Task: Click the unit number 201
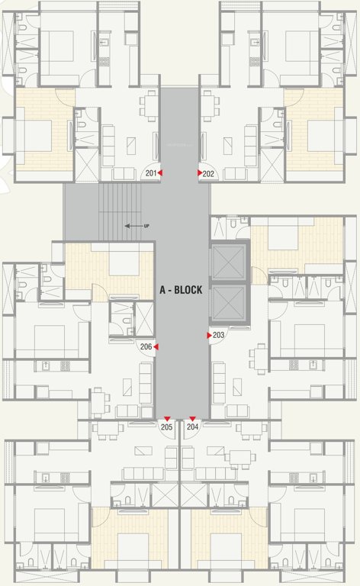[x=150, y=174]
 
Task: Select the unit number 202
[x=209, y=174]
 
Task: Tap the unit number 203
[x=219, y=335]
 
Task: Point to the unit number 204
[x=193, y=427]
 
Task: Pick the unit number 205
[x=167, y=427]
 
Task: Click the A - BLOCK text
[x=182, y=290]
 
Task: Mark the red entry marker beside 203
[x=210, y=335]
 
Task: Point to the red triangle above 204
[x=193, y=419]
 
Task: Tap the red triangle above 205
[x=167, y=419]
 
